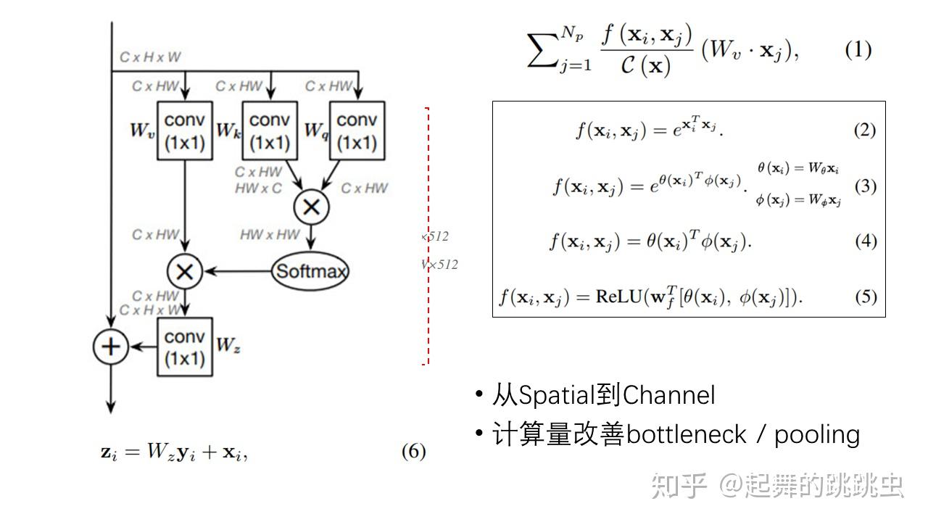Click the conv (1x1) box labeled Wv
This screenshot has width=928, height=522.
pyautogui.click(x=185, y=130)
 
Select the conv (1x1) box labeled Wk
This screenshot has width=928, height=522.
pyautogui.click(x=270, y=130)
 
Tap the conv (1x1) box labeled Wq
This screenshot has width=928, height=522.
pyautogui.click(x=357, y=130)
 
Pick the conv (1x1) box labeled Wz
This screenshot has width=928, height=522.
pyautogui.click(x=185, y=347)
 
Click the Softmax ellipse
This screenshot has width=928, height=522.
pyautogui.click(x=310, y=272)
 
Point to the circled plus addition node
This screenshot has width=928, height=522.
pyautogui.click(x=110, y=347)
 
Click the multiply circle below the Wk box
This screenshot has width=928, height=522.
pyautogui.click(x=311, y=207)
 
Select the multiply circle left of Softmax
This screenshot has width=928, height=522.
pyautogui.click(x=185, y=272)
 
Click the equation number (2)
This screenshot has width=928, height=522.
pyautogui.click(x=864, y=130)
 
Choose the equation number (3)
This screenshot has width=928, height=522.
pyautogui.click(x=865, y=186)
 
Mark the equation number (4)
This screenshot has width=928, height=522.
pyautogui.click(x=865, y=241)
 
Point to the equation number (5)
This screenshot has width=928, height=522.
pyautogui.click(x=865, y=297)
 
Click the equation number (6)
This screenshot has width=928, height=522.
pyautogui.click(x=413, y=452)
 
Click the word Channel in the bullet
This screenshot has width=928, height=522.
pyautogui.click(x=668, y=395)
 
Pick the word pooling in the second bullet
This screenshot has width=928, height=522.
pyautogui.click(x=817, y=435)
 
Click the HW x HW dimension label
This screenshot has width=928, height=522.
pyautogui.click(x=269, y=234)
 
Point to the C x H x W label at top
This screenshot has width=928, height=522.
pyautogui.click(x=151, y=57)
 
